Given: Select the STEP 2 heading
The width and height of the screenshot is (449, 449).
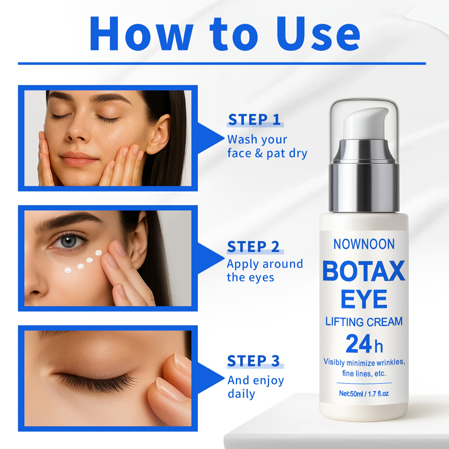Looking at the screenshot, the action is click(x=253, y=247).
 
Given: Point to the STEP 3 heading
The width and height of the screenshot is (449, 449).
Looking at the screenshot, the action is click(x=254, y=361).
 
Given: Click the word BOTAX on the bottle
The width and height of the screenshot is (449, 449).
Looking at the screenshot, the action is click(x=364, y=271).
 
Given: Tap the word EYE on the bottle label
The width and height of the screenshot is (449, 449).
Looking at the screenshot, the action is click(x=364, y=299).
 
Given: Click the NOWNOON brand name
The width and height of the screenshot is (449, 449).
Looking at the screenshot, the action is click(x=364, y=244).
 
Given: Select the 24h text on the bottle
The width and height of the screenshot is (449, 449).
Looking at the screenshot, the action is click(x=364, y=344).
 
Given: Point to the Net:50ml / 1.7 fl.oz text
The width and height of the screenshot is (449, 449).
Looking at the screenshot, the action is click(x=364, y=394).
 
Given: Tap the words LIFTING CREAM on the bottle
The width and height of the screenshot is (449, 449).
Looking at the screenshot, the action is click(x=364, y=322).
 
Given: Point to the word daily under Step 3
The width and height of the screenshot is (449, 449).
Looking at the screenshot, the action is click(x=241, y=394).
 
